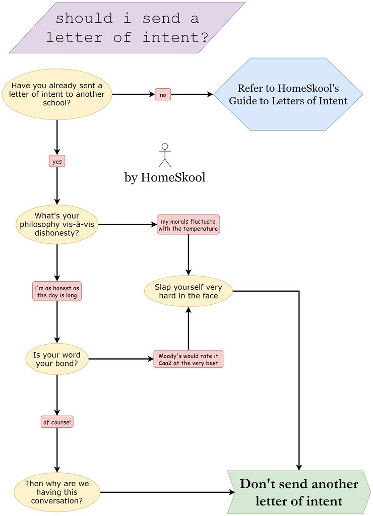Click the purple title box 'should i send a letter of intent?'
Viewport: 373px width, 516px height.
coord(127,28)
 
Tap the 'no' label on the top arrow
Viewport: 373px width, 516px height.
coord(163,94)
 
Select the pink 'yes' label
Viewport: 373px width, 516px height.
coord(57,161)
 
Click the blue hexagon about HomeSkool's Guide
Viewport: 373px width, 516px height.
coord(288,94)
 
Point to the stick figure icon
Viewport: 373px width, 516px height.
coord(165,155)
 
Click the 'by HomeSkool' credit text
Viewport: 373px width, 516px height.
coord(165,177)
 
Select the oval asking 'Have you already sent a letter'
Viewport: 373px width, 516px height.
coord(57,94)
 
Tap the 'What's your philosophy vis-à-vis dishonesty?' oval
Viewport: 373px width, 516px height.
coord(57,224)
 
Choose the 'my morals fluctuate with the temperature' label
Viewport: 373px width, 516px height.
coord(189,225)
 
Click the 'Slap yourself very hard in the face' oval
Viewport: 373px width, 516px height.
coord(189,291)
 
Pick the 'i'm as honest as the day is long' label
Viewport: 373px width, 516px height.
coord(57,291)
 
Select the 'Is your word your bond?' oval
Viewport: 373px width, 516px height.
coord(57,359)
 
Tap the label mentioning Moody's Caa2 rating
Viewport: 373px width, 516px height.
coord(189,359)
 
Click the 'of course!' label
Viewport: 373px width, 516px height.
coord(57,422)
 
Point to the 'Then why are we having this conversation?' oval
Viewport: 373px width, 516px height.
coord(57,492)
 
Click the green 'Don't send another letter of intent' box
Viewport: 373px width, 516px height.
coord(299,492)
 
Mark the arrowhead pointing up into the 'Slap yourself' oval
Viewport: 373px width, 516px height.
coord(189,310)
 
